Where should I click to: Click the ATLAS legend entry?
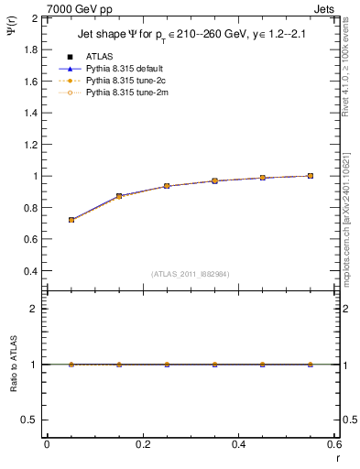pos(98,57)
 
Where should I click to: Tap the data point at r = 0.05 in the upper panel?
pos(71,220)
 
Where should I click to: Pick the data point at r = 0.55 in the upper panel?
pos(311,176)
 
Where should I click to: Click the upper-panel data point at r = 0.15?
pos(119,196)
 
